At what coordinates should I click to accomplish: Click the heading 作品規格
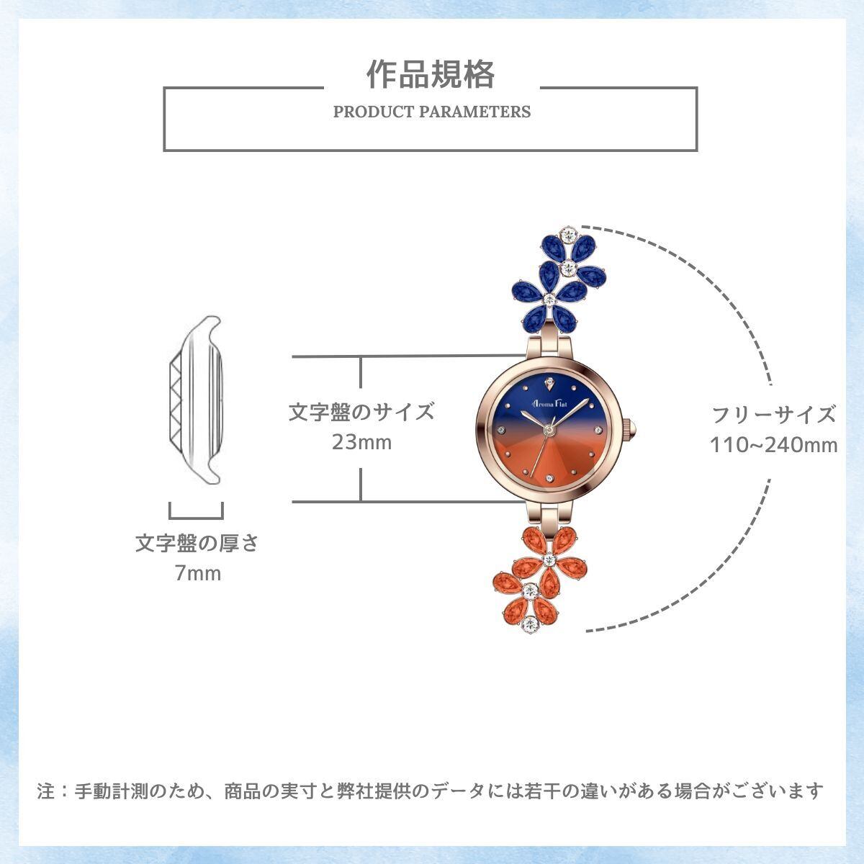pos(431,75)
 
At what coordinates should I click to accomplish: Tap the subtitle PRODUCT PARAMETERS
pos(432,112)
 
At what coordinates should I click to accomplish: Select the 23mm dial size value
pos(361,441)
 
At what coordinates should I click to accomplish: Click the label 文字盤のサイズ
pos(361,412)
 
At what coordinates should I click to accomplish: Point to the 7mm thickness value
pos(197,574)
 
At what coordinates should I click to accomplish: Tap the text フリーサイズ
pos(774,415)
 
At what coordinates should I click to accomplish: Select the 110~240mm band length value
pos(774,445)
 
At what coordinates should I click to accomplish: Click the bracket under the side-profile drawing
pos(196,512)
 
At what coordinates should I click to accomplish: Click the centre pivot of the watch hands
pos(549,430)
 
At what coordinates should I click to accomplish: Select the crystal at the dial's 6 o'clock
pos(549,480)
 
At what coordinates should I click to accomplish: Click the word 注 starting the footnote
pos(46,791)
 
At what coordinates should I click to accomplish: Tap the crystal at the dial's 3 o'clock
pos(598,430)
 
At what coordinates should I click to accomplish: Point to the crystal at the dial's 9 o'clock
pos(501,430)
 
